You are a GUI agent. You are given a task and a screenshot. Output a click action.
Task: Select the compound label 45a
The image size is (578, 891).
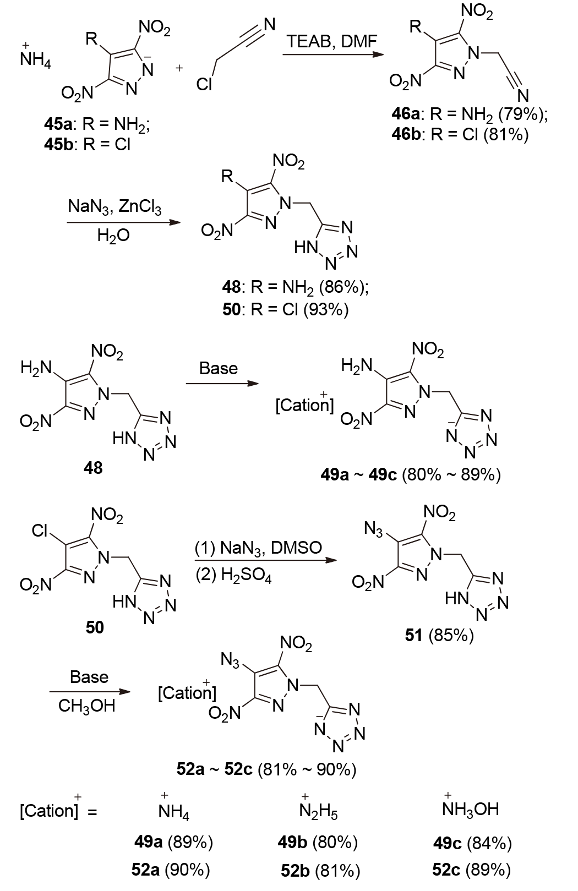click(57, 124)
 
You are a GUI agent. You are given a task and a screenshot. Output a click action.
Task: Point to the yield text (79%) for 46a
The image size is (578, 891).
click(520, 114)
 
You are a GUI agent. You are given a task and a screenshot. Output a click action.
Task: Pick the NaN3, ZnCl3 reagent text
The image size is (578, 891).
click(115, 207)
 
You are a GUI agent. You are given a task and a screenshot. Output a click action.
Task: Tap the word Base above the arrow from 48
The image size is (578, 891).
click(219, 368)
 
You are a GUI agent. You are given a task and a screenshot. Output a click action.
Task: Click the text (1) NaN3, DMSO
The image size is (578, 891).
click(258, 548)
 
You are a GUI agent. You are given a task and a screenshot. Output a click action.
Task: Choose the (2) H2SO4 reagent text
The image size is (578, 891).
click(234, 576)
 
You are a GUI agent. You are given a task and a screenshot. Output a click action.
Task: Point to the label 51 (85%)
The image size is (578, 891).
click(439, 635)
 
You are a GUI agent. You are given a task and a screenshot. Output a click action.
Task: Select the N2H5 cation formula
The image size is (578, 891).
click(318, 811)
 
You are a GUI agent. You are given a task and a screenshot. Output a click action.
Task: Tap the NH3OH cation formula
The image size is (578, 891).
click(470, 809)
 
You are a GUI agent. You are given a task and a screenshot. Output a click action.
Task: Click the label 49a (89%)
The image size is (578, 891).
click(173, 841)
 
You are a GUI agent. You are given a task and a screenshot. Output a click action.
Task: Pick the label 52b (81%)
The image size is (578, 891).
click(320, 871)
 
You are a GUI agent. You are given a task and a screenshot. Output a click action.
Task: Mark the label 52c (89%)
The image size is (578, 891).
click(471, 870)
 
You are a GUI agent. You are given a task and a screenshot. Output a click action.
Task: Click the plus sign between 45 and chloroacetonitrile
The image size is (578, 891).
click(179, 68)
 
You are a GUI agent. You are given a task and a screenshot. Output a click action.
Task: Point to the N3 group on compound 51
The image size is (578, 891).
click(374, 529)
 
